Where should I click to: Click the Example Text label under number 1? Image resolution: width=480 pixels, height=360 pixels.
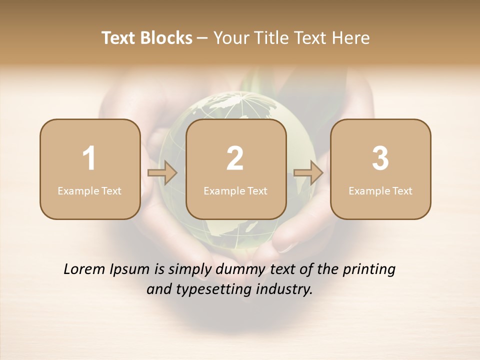[x=89, y=190]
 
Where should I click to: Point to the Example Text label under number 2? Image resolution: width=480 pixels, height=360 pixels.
[x=235, y=190]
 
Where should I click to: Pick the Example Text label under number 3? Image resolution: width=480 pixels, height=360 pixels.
[x=380, y=190]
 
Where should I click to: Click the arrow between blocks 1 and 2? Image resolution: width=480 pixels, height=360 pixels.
[x=162, y=173]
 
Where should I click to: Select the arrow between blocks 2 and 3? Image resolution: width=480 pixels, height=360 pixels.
[x=308, y=173]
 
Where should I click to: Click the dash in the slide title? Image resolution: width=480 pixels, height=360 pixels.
[x=202, y=38]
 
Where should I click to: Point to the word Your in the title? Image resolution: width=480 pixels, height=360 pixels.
[x=230, y=38]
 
